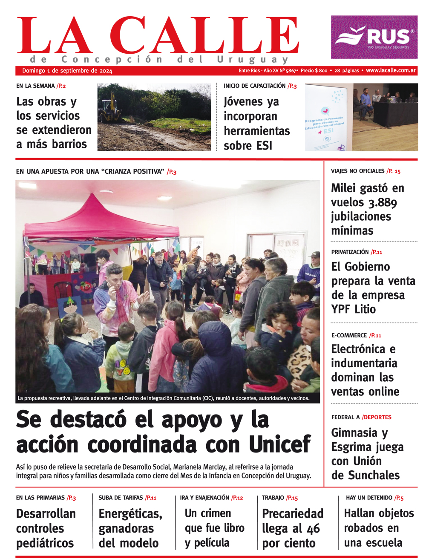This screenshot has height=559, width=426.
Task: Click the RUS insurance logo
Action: [374, 37]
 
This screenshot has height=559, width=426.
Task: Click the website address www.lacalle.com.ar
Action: [391, 70]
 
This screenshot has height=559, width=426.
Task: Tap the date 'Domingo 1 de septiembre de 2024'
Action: [67, 71]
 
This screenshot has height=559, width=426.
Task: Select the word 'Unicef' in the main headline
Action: [280, 444]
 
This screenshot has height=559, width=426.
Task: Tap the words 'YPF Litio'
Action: [354, 309]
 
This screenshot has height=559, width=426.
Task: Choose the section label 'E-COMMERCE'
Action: [349, 335]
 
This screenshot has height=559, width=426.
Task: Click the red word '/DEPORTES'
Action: [377, 417]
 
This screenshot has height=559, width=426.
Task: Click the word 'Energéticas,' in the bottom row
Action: [130, 514]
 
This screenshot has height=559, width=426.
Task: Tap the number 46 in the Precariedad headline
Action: [313, 529]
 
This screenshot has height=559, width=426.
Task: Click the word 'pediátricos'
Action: [45, 543]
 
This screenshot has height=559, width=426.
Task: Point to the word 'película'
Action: [212, 543]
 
